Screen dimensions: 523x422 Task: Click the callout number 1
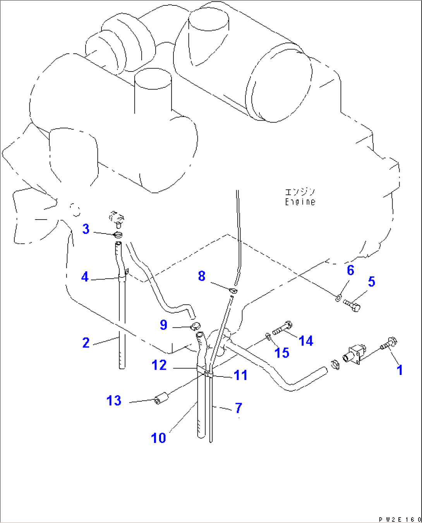(x=400, y=370)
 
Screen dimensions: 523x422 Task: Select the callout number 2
(x=86, y=342)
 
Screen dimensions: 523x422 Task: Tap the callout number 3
(x=86, y=229)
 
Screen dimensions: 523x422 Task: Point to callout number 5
(x=371, y=281)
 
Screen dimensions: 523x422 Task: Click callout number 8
(x=201, y=276)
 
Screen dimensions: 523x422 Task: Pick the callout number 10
(x=158, y=438)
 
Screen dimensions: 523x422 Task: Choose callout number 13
(x=114, y=400)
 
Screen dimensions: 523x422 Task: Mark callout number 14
(x=306, y=341)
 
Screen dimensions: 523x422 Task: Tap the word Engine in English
(x=300, y=202)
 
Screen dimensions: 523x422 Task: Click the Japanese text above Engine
(x=300, y=192)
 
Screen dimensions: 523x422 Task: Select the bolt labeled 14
(x=282, y=329)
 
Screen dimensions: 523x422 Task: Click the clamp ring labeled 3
(x=118, y=235)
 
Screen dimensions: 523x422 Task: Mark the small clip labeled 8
(x=233, y=290)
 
